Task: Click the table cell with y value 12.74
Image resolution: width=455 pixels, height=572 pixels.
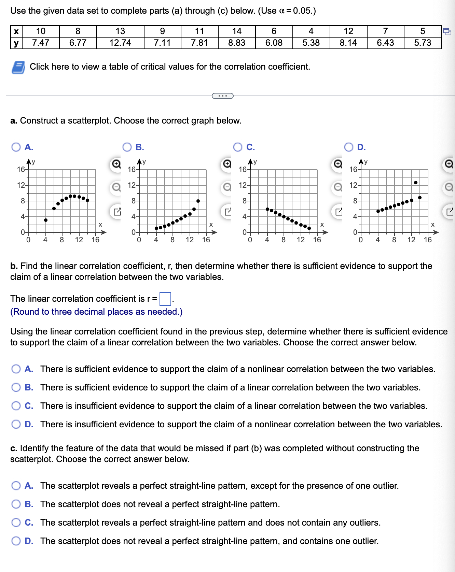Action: (x=120, y=43)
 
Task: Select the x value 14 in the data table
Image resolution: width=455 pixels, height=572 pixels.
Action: (x=237, y=31)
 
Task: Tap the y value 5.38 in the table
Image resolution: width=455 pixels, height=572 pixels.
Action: (x=311, y=43)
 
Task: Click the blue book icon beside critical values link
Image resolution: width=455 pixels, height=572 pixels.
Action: (x=18, y=67)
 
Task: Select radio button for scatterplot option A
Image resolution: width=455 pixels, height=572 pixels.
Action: (x=16, y=147)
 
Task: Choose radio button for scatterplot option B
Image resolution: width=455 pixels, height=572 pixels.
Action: (x=127, y=147)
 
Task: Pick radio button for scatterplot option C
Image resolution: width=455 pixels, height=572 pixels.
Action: (x=238, y=147)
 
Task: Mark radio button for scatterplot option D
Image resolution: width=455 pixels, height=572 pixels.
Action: (x=349, y=147)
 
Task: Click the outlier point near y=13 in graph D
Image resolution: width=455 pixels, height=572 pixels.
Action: (x=415, y=183)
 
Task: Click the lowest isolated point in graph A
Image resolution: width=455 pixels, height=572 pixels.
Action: (x=46, y=220)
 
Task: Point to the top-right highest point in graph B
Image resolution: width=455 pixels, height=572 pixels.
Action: (x=198, y=201)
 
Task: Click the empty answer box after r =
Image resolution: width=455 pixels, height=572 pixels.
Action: (x=165, y=299)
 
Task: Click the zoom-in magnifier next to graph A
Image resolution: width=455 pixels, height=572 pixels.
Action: (x=116, y=164)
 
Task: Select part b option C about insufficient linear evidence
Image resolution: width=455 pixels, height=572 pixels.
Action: (x=16, y=406)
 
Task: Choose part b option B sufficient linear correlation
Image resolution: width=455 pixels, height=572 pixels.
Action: (x=16, y=387)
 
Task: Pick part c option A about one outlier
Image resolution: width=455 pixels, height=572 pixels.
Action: (x=16, y=486)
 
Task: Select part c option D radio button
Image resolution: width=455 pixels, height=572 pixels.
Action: (x=16, y=541)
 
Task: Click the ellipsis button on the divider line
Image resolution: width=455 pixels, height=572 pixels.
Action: (x=223, y=96)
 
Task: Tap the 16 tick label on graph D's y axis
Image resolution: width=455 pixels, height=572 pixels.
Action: (x=353, y=169)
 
